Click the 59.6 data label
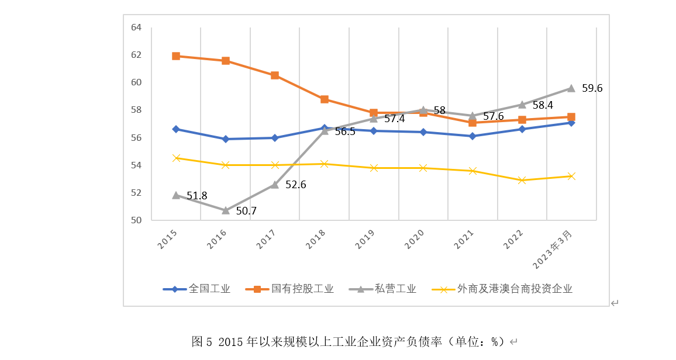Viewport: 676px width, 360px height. pyautogui.click(x=592, y=88)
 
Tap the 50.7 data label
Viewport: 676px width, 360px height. pyautogui.click(x=246, y=211)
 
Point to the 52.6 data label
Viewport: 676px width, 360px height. pyautogui.click(x=295, y=185)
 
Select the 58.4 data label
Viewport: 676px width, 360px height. pyautogui.click(x=543, y=105)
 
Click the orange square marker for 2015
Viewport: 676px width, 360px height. pyautogui.click(x=176, y=56)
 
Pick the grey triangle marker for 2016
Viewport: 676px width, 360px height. pyautogui.click(x=226, y=210)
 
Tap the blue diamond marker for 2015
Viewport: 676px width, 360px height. pyautogui.click(x=176, y=129)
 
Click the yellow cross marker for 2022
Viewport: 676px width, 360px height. pyautogui.click(x=522, y=180)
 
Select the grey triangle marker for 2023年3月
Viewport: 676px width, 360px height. pyautogui.click(x=571, y=88)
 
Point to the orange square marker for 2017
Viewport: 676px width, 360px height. pyautogui.click(x=275, y=75)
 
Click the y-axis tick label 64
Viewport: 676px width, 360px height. pyautogui.click(x=136, y=27)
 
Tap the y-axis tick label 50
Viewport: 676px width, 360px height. pyautogui.click(x=136, y=220)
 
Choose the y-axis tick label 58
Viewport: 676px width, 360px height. pyautogui.click(x=136, y=110)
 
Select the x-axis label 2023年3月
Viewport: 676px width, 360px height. pyautogui.click(x=553, y=250)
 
